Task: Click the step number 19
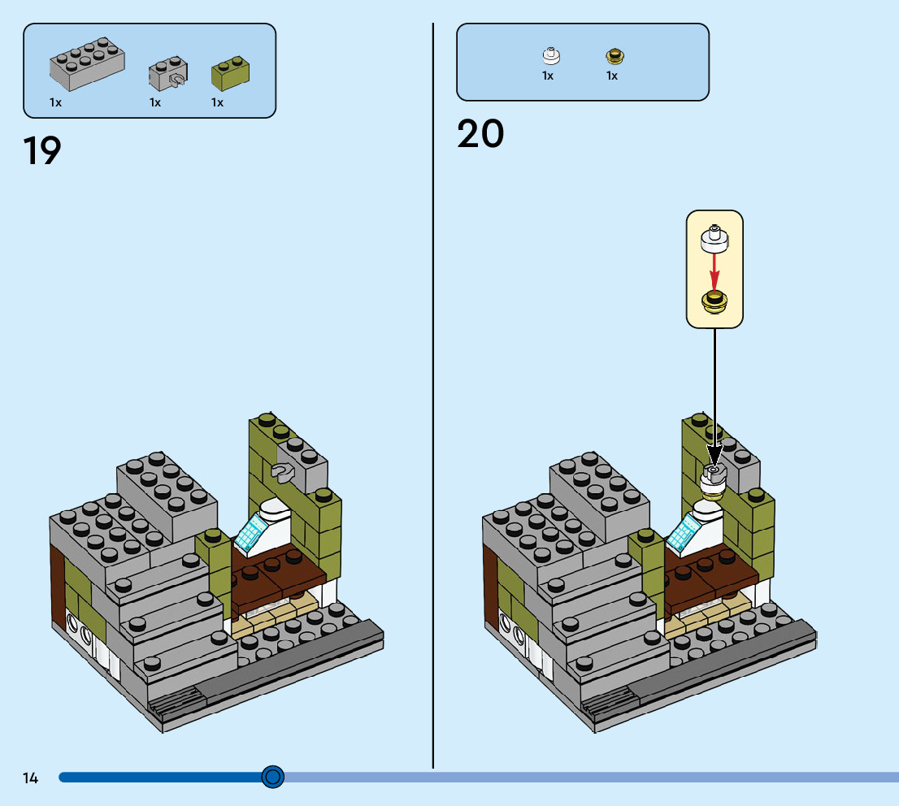click(x=42, y=150)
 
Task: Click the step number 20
click(x=480, y=134)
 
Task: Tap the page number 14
click(x=30, y=778)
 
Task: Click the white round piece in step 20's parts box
click(x=551, y=55)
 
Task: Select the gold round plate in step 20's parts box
click(x=615, y=56)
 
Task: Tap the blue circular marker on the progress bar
click(x=273, y=778)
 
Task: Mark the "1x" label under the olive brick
click(x=218, y=102)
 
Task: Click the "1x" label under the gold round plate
click(x=612, y=76)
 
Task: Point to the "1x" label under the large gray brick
click(x=56, y=102)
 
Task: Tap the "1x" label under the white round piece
click(x=548, y=76)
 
